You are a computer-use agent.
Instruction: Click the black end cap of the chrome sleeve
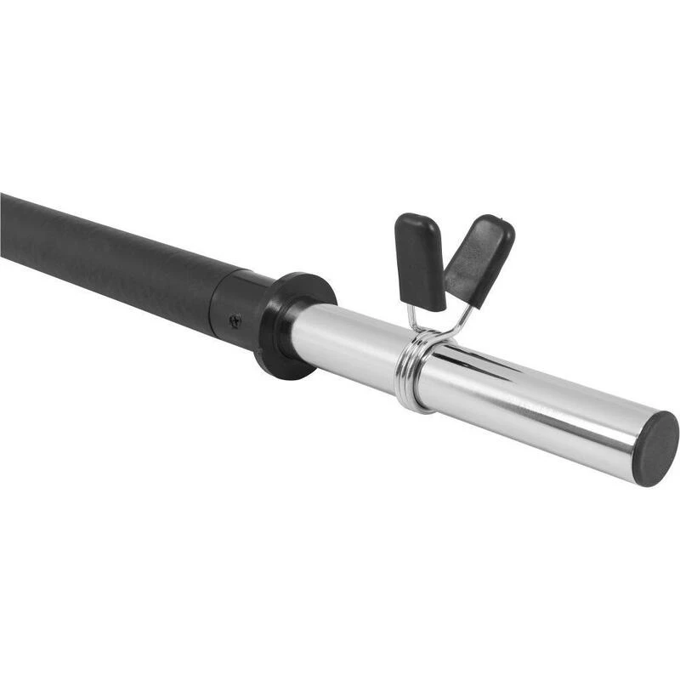(x=656, y=449)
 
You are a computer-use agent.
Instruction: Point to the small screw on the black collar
(x=235, y=320)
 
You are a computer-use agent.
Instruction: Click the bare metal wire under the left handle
(x=413, y=319)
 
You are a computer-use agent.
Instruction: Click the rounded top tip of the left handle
(x=410, y=218)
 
